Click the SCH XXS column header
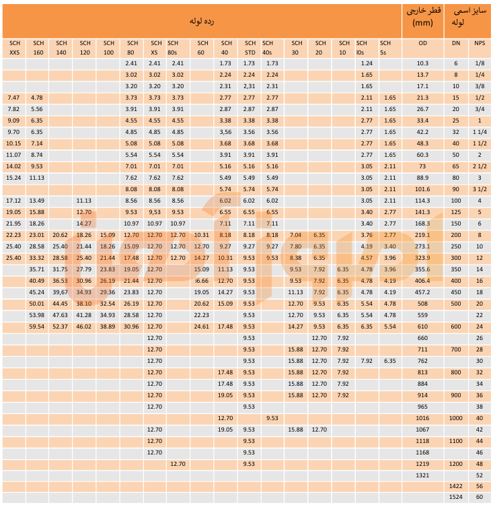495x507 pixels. coord(14,48)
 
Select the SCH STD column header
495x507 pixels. coord(250,48)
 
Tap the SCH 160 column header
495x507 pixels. coord(38,48)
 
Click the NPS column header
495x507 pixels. coord(479,42)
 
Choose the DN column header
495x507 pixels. coord(456,42)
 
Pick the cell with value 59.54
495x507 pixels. coord(37,327)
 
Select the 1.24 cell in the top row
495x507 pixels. coord(367,63)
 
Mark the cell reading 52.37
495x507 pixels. coord(61,327)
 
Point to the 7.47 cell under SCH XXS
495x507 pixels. coord(13,98)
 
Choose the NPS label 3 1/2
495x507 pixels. coord(479,189)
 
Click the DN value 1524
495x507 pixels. coord(456,498)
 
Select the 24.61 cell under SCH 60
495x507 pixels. coord(201,327)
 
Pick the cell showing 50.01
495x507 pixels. coord(37,304)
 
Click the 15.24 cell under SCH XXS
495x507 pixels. coord(13,178)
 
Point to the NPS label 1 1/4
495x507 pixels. coord(479,132)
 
